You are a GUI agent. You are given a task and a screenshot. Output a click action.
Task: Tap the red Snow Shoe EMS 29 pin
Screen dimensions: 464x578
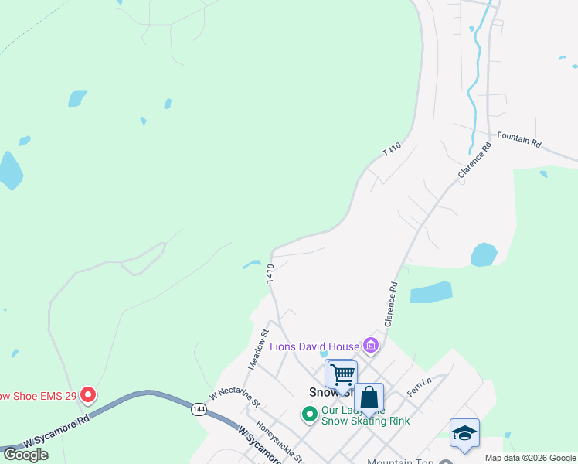pos(88,395)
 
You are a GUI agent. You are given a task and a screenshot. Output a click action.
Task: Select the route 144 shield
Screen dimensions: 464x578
pos(199,410)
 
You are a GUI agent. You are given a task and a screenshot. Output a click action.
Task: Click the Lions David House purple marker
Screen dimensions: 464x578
pos(371,346)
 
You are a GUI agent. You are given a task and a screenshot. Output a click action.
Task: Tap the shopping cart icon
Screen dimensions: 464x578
pos(342,375)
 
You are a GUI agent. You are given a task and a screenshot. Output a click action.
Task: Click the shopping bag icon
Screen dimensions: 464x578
pos(369,398)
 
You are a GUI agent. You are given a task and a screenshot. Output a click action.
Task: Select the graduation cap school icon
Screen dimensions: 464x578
pos(464,434)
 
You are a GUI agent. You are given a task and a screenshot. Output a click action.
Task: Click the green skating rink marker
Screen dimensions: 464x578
pos(310,415)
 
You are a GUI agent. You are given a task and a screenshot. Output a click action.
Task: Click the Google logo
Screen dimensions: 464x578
pos(25,455)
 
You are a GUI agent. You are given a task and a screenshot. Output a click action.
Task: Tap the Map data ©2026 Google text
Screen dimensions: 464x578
pos(530,458)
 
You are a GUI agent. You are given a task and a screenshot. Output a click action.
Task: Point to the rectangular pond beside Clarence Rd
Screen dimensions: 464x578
pos(430,292)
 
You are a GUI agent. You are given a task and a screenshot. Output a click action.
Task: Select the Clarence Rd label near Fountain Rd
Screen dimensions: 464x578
pos(474,161)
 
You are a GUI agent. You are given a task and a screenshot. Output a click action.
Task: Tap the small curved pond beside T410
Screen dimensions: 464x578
pos(252,264)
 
